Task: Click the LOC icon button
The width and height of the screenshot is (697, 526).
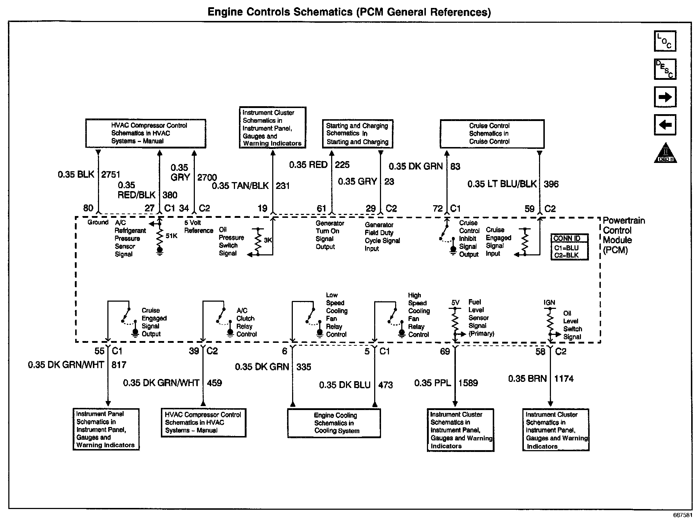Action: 665,41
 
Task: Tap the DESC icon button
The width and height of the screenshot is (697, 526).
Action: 665,69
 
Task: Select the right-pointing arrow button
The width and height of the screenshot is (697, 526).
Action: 665,97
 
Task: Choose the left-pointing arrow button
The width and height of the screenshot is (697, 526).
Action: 665,125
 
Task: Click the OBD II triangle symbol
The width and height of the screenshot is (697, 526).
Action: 665,154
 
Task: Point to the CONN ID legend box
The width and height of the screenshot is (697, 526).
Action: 569,247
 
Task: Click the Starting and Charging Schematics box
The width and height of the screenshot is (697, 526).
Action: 357,134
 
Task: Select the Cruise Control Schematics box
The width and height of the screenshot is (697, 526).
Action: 492,134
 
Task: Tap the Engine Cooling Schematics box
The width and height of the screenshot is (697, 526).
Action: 334,423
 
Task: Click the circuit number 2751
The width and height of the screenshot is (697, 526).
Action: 111,174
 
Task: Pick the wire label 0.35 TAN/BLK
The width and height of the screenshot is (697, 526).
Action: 240,186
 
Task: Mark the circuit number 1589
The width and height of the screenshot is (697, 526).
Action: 468,383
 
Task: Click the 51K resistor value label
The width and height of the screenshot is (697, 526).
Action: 171,236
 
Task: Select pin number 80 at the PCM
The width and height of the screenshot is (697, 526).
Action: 88,208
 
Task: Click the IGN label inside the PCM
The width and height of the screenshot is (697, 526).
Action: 549,303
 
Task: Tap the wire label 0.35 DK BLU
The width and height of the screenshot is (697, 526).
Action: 345,385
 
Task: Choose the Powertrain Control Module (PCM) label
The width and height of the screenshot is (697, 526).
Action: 624,235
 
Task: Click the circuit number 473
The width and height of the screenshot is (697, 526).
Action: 385,385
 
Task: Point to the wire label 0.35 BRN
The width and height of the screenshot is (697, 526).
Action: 527,379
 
